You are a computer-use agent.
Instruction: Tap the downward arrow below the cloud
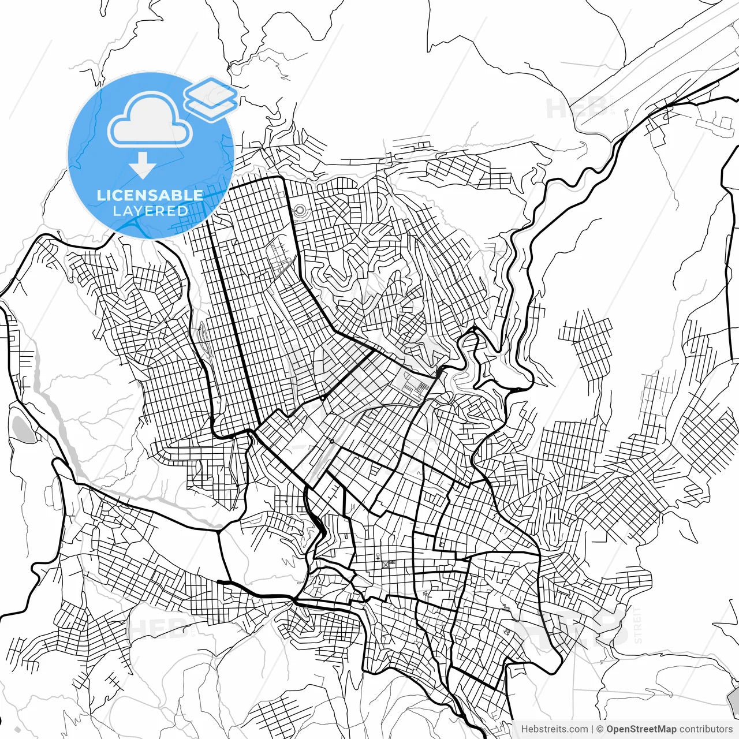142,165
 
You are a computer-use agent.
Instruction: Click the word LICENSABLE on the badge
150,195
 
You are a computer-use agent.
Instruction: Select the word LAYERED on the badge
150,211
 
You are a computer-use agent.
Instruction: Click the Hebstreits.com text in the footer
554,729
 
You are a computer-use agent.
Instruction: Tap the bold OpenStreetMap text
641,729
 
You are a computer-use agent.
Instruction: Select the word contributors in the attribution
706,729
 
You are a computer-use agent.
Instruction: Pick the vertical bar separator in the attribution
593,729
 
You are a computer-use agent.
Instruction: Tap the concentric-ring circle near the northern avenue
300,212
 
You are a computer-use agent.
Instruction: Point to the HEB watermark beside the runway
572,108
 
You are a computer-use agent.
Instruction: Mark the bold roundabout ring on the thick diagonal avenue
322,398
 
